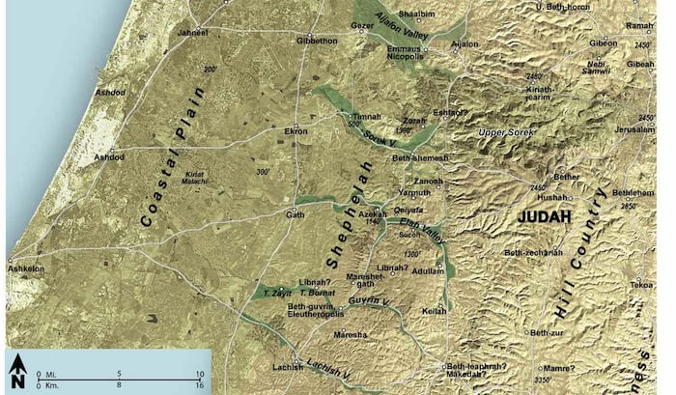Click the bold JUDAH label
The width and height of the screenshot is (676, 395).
[546, 216]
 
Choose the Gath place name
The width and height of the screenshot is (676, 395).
[295, 214]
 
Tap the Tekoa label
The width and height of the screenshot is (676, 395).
[644, 285]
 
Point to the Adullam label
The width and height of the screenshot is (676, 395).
[426, 271]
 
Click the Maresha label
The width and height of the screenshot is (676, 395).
[351, 334]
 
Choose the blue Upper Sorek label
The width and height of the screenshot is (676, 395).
[519, 130]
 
